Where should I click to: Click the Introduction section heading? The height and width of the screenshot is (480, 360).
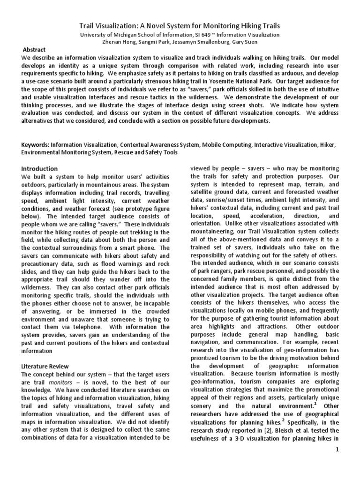point(40,169)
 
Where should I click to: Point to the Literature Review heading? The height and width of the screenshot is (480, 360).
point(45,366)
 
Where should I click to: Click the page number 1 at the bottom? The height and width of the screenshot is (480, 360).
point(337,463)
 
